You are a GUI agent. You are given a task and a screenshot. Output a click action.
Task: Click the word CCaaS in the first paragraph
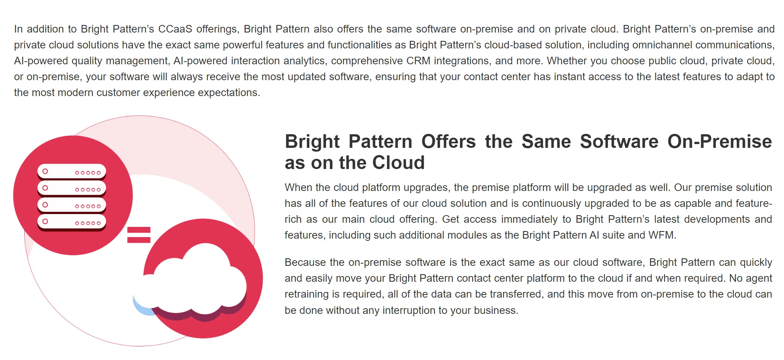tap(175, 29)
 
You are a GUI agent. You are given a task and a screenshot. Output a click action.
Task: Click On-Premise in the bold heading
tap(719, 142)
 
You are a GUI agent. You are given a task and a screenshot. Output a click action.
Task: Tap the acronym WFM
tap(661, 235)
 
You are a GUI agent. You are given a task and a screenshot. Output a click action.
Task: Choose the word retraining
tap(307, 294)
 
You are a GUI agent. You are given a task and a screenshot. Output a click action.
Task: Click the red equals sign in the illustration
tap(139, 235)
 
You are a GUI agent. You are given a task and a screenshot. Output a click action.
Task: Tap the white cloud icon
tap(193, 280)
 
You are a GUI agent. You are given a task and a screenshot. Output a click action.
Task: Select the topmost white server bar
tap(71, 172)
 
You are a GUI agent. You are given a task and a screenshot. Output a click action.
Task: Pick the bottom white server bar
tap(71, 222)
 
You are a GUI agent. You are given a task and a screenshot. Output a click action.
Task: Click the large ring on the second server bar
tap(45, 188)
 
